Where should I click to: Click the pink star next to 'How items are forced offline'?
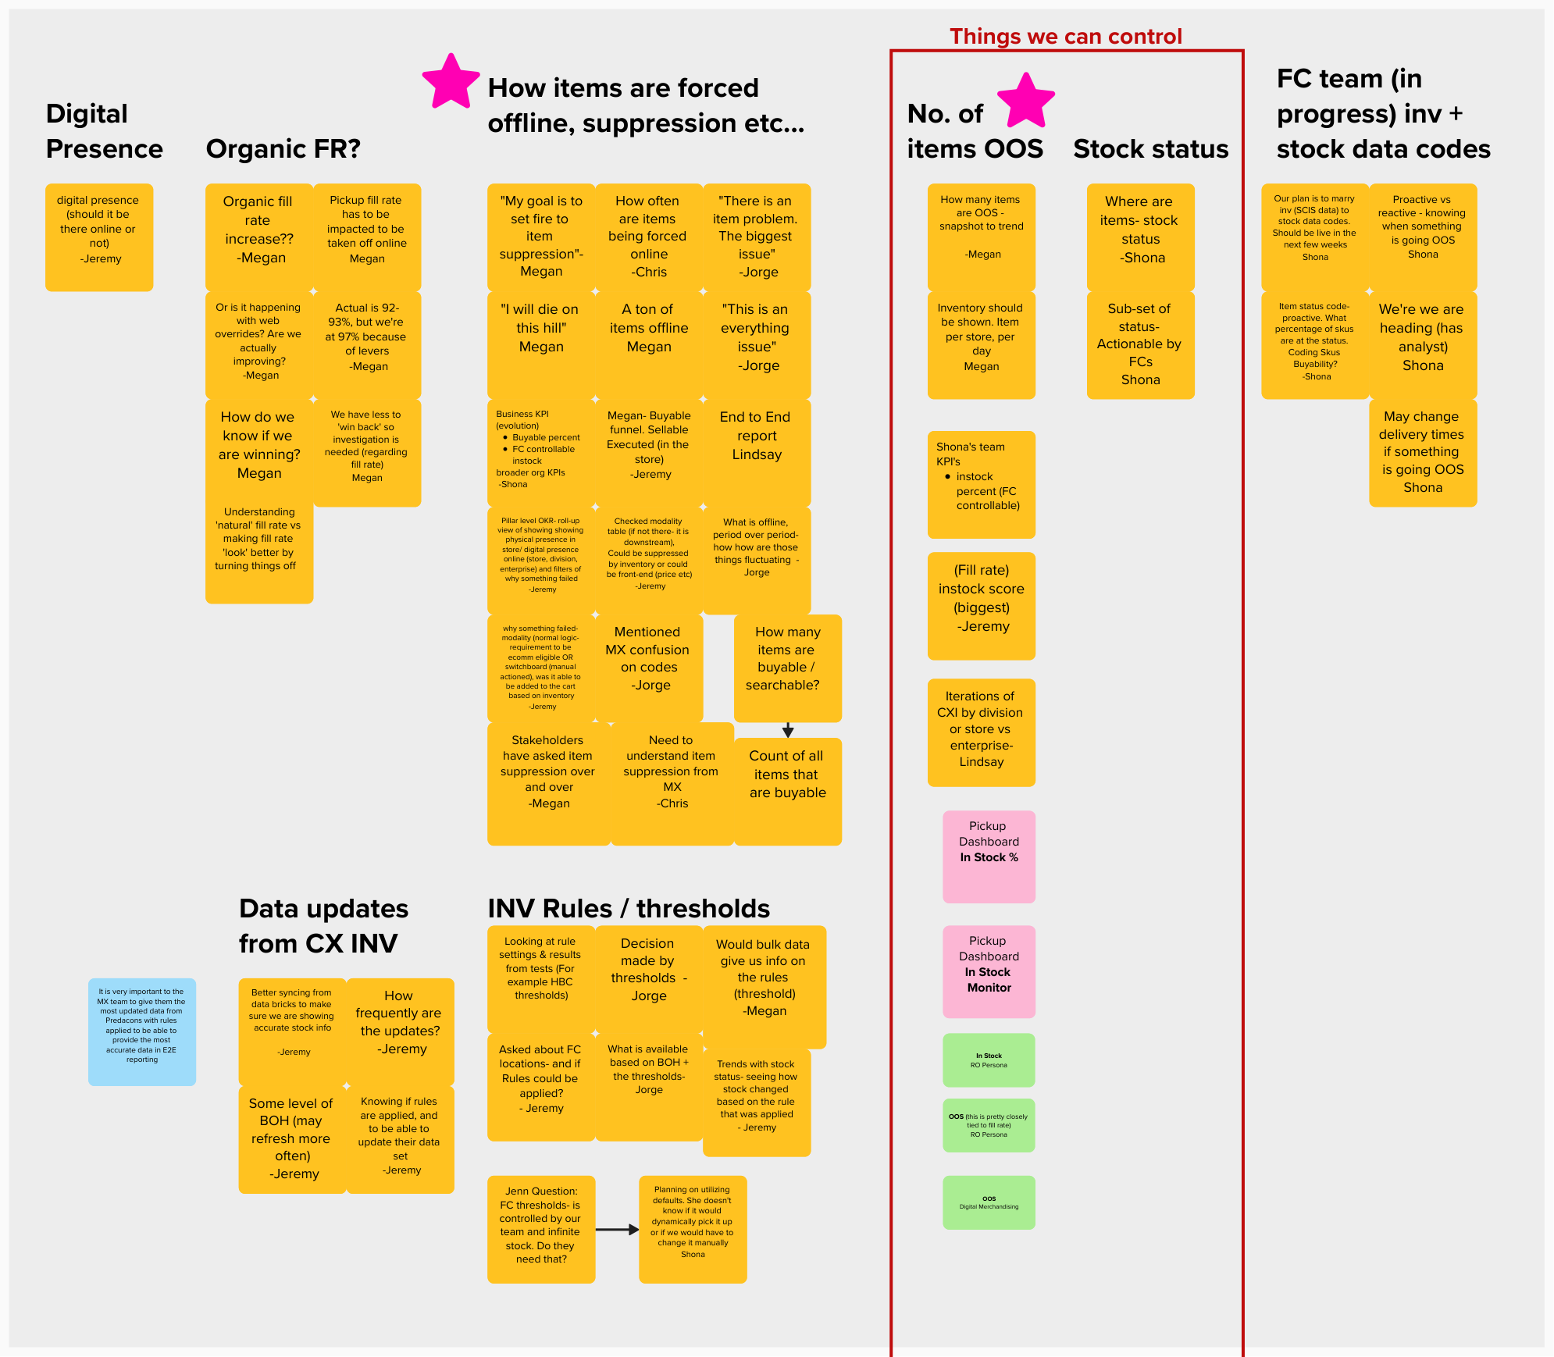coord(451,82)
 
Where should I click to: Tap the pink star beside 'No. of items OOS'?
coord(1025,101)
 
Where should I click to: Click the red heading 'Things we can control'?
coord(1065,36)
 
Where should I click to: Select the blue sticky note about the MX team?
coord(141,1031)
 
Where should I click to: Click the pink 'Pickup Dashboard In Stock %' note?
coord(989,856)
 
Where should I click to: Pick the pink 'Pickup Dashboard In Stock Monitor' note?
coord(989,971)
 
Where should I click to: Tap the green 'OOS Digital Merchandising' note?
coord(989,1202)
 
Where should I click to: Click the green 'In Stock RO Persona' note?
coord(989,1060)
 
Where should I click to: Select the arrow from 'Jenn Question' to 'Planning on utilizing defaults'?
coord(617,1229)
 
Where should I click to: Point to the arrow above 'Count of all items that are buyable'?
coord(788,730)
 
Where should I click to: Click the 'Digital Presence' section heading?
coord(104,131)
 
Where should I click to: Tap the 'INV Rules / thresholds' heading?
coord(629,908)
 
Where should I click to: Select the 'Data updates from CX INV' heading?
coord(323,925)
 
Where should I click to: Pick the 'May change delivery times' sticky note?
coord(1422,452)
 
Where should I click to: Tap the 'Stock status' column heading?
coord(1150,148)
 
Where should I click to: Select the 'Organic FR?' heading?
coord(283,148)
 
